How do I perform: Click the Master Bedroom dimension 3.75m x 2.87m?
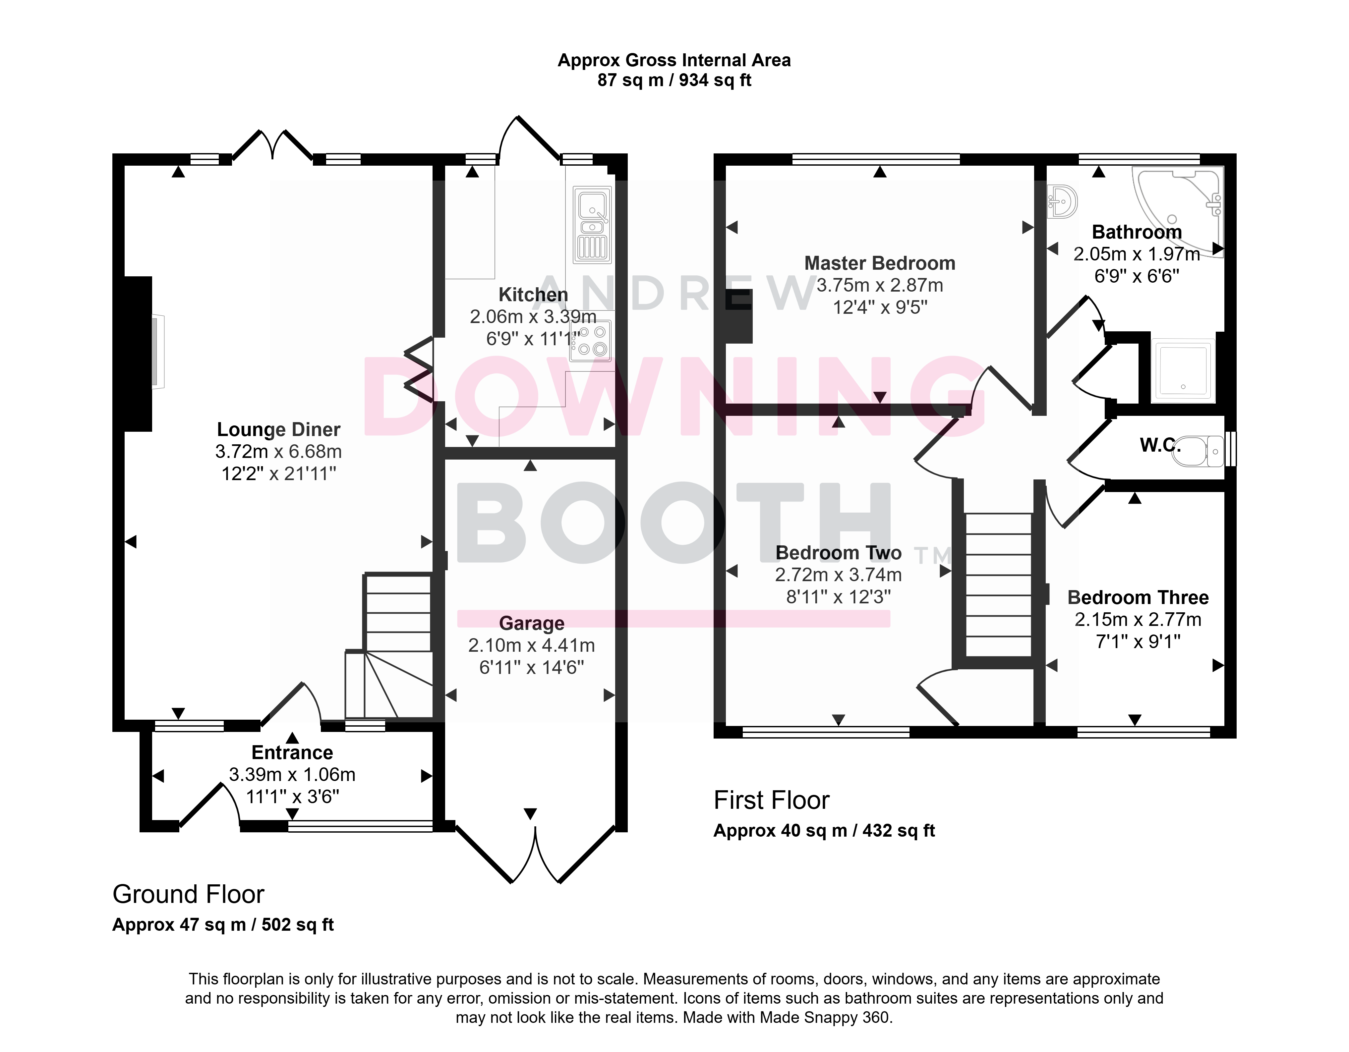pyautogui.click(x=880, y=285)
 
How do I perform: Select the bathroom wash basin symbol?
pyautogui.click(x=1062, y=201)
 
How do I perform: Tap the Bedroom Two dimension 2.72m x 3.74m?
pyautogui.click(x=838, y=575)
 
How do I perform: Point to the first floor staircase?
pyautogui.click(x=999, y=585)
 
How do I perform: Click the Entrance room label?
pyautogui.click(x=292, y=752)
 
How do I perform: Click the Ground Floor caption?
pyautogui.click(x=188, y=894)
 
